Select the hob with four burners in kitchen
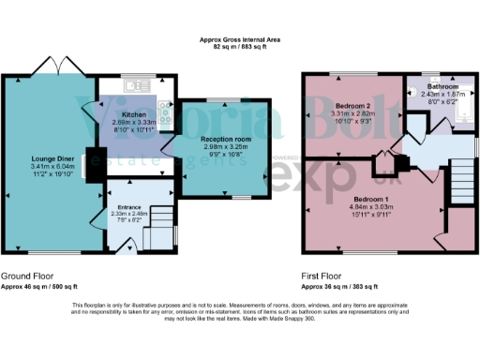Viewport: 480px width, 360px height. click(165, 112)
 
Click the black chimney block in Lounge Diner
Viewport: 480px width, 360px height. click(93, 160)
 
